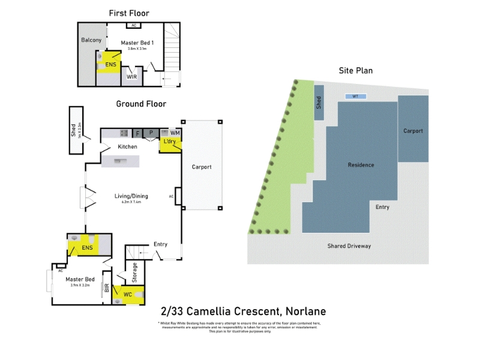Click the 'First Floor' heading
[129, 13]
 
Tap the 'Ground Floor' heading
[141, 104]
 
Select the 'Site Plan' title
[356, 71]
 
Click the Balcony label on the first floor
[91, 40]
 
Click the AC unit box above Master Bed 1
[134, 26]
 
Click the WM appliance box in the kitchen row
[175, 133]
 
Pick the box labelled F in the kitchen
[137, 133]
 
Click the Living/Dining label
[131, 196]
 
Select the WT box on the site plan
[355, 96]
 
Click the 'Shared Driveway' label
[349, 246]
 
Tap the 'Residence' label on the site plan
[361, 165]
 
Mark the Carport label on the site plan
[413, 131]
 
